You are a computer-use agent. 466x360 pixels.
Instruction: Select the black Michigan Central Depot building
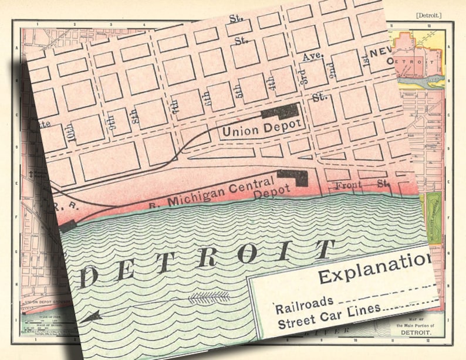click(x=294, y=176)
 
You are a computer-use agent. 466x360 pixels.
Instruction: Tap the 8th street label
click(x=136, y=116)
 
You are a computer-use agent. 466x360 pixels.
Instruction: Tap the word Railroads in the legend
click(x=304, y=303)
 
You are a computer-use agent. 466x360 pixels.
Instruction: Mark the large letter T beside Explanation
click(x=320, y=250)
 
